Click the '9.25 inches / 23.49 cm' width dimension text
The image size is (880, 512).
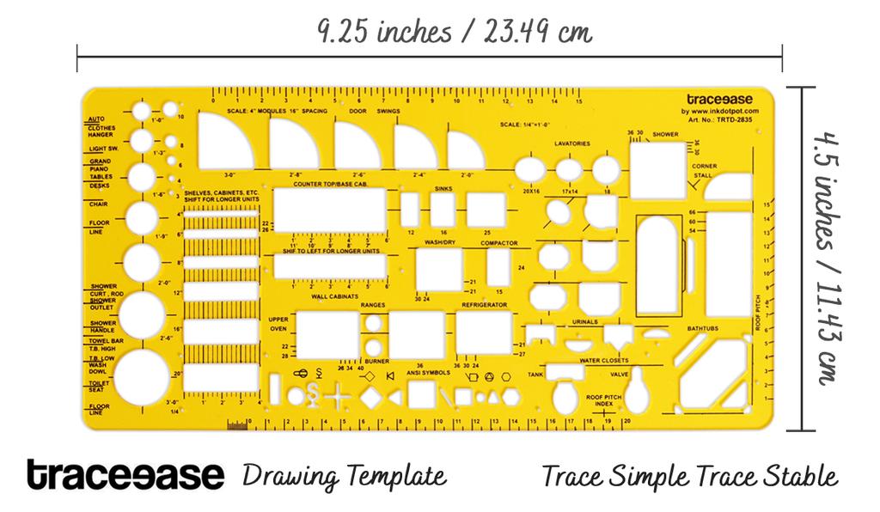pyautogui.click(x=454, y=33)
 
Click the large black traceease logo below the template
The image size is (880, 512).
pyautogui.click(x=125, y=474)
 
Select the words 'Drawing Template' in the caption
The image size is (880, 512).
pyautogui.click(x=345, y=475)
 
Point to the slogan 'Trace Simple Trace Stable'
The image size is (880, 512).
pyautogui.click(x=689, y=475)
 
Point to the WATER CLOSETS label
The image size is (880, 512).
pyautogui.click(x=603, y=360)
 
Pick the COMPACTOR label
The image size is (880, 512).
pyautogui.click(x=499, y=243)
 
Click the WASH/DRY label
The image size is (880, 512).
pyautogui.click(x=439, y=243)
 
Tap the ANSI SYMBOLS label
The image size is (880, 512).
pyautogui.click(x=428, y=373)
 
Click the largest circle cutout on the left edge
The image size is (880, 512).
pyautogui.click(x=142, y=379)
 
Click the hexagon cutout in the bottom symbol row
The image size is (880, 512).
pyautogui.click(x=510, y=397)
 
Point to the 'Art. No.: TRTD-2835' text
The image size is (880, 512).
pyautogui.click(x=723, y=120)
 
